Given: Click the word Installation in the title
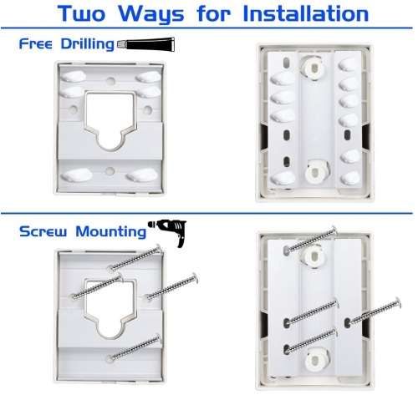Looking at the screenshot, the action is tap(306, 13).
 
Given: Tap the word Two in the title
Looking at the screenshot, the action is tap(81, 13).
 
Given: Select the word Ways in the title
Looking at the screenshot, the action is tap(151, 14).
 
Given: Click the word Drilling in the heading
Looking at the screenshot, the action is tap(88, 44).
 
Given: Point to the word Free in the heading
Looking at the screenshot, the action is tap(35, 43).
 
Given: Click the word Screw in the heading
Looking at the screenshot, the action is tap(43, 231).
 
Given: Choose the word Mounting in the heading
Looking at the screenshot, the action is tap(111, 232).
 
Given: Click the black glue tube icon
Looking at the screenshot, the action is tap(146, 44).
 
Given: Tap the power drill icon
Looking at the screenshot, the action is tap(168, 232).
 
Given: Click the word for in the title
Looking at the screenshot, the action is tap(214, 13).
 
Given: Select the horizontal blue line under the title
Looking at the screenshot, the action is tap(206, 28).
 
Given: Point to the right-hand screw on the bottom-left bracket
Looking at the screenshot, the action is tap(171, 286).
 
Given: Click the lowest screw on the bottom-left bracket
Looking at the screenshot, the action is tap(135, 347).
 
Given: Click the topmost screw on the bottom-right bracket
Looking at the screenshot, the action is tap(311, 240).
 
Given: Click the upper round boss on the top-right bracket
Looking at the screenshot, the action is tap(313, 67).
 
